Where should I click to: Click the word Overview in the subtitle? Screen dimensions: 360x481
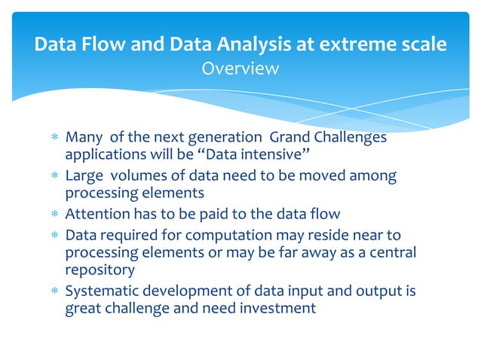pyautogui.click(x=240, y=69)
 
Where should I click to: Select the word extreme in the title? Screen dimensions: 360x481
pyautogui.click(x=352, y=44)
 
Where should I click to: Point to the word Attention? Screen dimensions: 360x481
pyautogui.click(x=97, y=213)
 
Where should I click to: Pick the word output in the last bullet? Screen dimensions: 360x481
pyautogui.click(x=361, y=290)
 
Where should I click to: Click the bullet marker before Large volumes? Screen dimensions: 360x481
pyautogui.click(x=52, y=177)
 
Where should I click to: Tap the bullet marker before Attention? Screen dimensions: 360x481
pyautogui.click(x=52, y=214)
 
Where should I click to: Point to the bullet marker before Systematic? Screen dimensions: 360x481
pyautogui.click(x=52, y=291)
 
